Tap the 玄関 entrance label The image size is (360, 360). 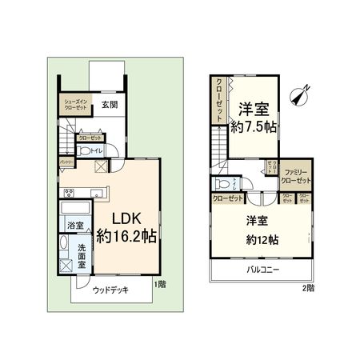[109, 104]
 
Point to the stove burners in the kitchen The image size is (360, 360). [70, 192]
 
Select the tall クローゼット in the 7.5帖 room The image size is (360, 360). [218, 101]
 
